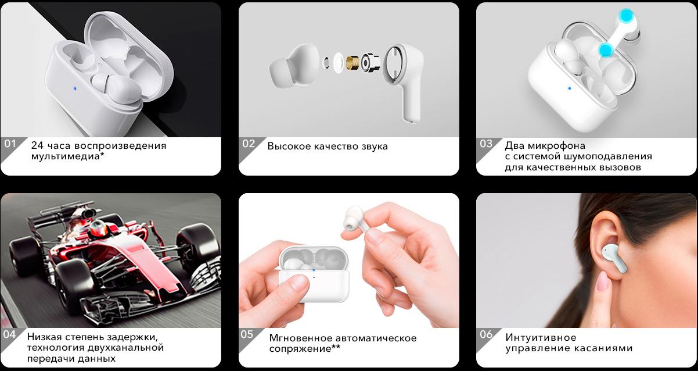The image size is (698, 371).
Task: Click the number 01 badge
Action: click(10, 144)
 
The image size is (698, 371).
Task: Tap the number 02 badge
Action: click(249, 144)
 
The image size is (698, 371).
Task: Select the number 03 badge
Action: click(486, 144)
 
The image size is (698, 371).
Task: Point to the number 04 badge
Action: click(10, 334)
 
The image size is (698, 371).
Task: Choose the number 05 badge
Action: click(247, 334)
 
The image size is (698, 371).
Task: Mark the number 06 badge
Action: click(486, 334)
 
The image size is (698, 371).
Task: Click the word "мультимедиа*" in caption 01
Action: click(67, 156)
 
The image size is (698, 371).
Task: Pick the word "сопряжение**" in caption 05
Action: click(304, 348)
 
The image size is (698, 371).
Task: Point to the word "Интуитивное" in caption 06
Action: click(541, 337)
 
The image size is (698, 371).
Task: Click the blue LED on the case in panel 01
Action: click(75, 88)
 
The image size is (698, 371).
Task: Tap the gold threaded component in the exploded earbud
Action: click(353, 63)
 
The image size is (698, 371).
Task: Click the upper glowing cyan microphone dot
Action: click(627, 16)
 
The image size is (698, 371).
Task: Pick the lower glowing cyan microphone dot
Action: click(606, 50)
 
